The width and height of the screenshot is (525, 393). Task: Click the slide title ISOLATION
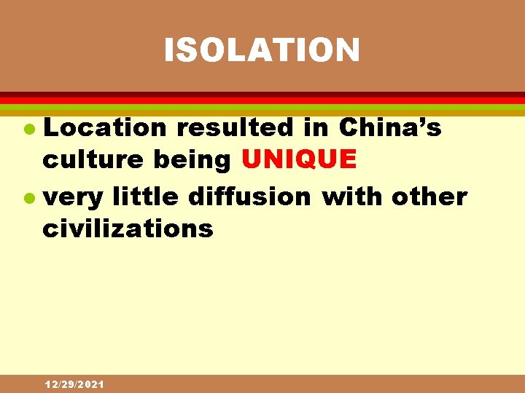[262, 50]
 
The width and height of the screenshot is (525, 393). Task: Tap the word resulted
[235, 128]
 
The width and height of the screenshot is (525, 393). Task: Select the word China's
[390, 128]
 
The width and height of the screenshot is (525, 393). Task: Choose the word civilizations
[128, 229]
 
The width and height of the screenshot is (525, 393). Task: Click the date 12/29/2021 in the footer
[74, 384]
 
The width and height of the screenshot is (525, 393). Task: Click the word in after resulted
[315, 128]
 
